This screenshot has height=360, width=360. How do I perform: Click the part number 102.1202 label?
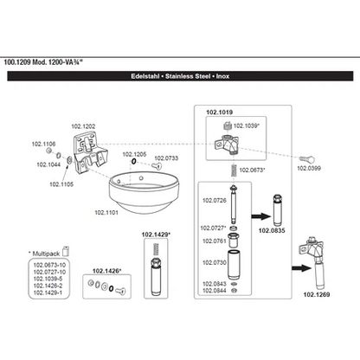[x=83, y=126]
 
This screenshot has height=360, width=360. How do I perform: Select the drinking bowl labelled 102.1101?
[x=144, y=192]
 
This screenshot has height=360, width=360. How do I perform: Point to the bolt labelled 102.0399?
[x=307, y=159]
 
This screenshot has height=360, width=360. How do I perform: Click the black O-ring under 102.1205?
[x=133, y=162]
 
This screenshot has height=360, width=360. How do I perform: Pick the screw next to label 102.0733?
[x=157, y=166]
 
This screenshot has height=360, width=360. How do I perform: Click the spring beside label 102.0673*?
[x=235, y=170]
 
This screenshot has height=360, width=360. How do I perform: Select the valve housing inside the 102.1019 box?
[x=227, y=144]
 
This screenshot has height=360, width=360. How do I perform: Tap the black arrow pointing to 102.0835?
[x=261, y=216]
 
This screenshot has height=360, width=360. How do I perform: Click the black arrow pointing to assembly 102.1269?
[x=301, y=268]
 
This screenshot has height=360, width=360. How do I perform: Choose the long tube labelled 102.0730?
[x=235, y=265]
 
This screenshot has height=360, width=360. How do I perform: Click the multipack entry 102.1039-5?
[x=48, y=279]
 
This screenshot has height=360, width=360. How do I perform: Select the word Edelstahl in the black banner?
[x=145, y=76]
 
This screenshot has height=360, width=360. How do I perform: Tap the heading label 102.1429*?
[x=156, y=235]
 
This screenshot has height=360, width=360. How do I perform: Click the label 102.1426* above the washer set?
[x=106, y=271]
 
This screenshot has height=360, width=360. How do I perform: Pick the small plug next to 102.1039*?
[x=228, y=125]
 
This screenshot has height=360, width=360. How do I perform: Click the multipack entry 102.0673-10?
[x=49, y=265]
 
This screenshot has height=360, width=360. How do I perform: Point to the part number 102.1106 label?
[x=43, y=144]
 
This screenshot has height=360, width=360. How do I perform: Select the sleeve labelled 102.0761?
[x=233, y=241]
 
